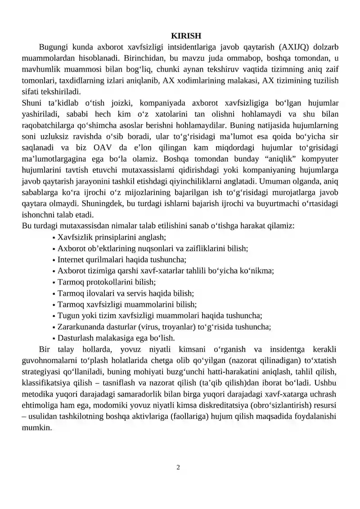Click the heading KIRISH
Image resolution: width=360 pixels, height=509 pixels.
pos(186,36)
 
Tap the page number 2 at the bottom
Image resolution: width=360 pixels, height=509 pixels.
pos(178,467)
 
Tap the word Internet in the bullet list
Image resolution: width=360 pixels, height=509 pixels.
pos(72,259)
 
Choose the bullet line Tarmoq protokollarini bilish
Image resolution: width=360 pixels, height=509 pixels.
pos(106,282)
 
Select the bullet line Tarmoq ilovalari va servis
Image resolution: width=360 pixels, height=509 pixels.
pos(126,293)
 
